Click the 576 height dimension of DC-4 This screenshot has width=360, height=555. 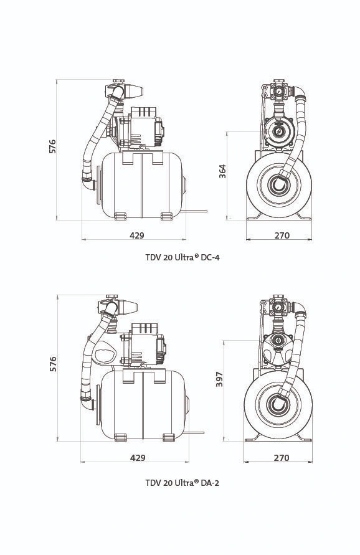pos(52,146)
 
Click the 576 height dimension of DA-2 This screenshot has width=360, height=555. pos(53,364)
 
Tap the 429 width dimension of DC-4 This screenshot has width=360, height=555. pos(137,235)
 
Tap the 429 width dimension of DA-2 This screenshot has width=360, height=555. pos(138,458)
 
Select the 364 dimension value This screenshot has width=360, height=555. pos(222,171)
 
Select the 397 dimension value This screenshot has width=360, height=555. pos(219,379)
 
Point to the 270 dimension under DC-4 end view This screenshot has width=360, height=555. pos(282,235)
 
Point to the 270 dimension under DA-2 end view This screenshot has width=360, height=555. pos(282,458)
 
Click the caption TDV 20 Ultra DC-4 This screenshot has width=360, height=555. pos(182,257)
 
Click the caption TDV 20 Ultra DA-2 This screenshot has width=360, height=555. pos(182,483)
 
